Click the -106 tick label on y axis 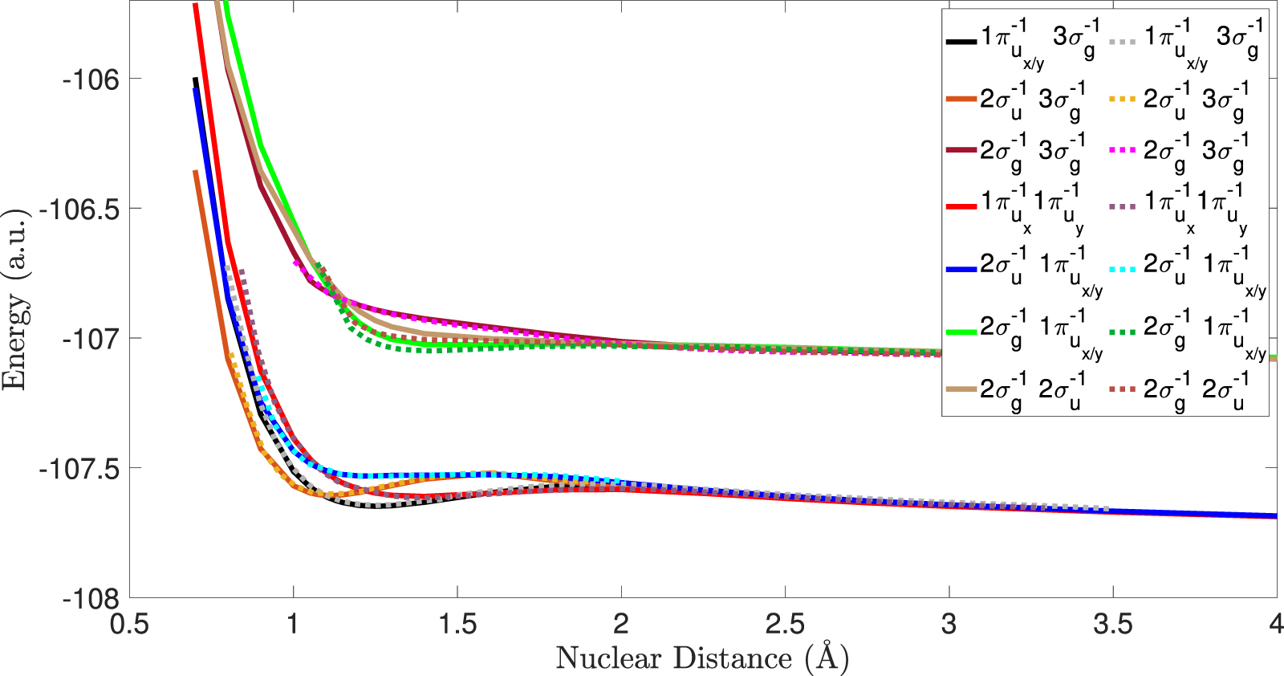pyautogui.click(x=90, y=79)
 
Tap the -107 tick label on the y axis pyautogui.click(x=90, y=339)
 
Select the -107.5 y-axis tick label pyautogui.click(x=79, y=469)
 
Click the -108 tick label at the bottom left pyautogui.click(x=90, y=599)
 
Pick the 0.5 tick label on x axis pyautogui.click(x=129, y=624)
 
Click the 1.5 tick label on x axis pyautogui.click(x=457, y=624)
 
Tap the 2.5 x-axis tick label pyautogui.click(x=785, y=624)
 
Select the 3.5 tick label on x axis pyautogui.click(x=1113, y=624)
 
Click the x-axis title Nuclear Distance pyautogui.click(x=702, y=658)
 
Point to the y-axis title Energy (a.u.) pyautogui.click(x=14, y=299)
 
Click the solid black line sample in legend pyautogui.click(x=961, y=40)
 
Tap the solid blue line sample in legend pyautogui.click(x=961, y=269)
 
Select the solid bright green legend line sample pyautogui.click(x=961, y=331)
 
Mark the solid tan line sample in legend pyautogui.click(x=961, y=390)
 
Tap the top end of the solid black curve pyautogui.click(x=195, y=79)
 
